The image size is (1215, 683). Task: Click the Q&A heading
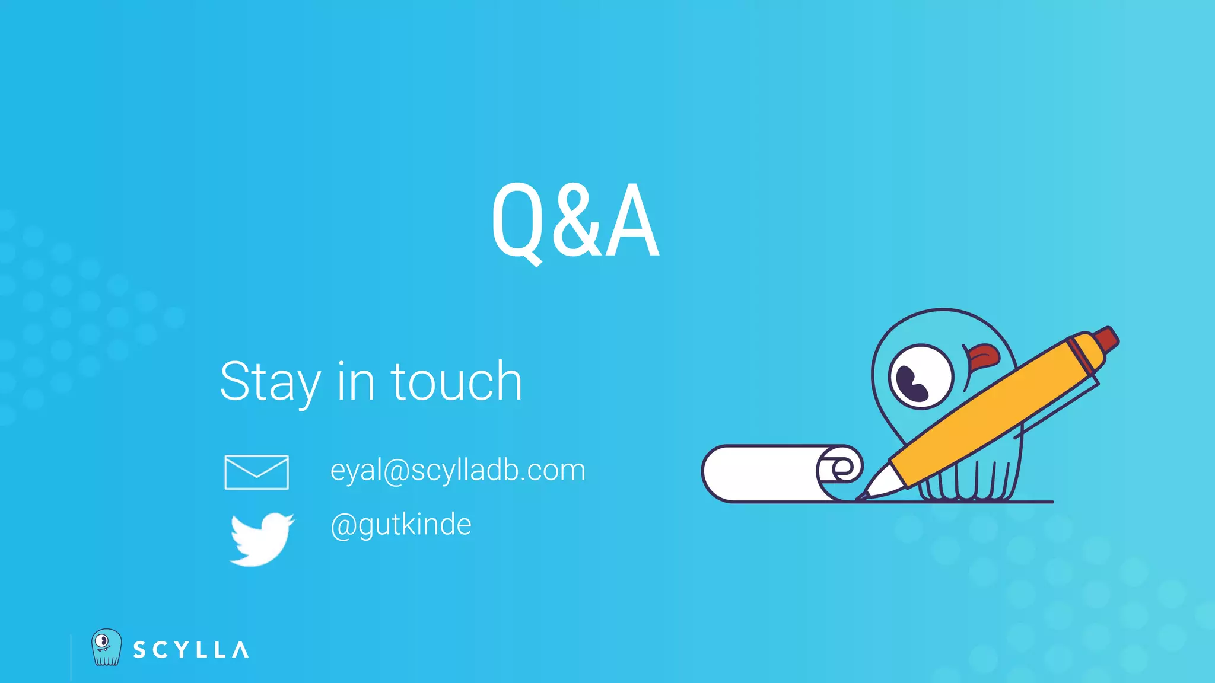pyautogui.click(x=575, y=221)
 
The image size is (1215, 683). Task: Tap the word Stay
pyautogui.click(x=271, y=382)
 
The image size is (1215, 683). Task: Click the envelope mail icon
pyautogui.click(x=256, y=473)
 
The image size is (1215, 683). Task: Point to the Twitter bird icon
pyautogui.click(x=261, y=538)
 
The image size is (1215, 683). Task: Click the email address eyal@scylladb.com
pyautogui.click(x=457, y=470)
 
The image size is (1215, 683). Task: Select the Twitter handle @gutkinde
pyautogui.click(x=401, y=525)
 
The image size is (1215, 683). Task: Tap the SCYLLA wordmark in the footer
pyautogui.click(x=190, y=650)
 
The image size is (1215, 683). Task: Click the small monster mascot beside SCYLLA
pyautogui.click(x=106, y=647)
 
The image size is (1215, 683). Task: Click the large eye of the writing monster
pyautogui.click(x=920, y=377)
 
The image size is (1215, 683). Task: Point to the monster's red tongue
pyautogui.click(x=984, y=356)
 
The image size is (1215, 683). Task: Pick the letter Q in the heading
pyautogui.click(x=516, y=222)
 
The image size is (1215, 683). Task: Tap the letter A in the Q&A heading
pyautogui.click(x=634, y=222)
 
